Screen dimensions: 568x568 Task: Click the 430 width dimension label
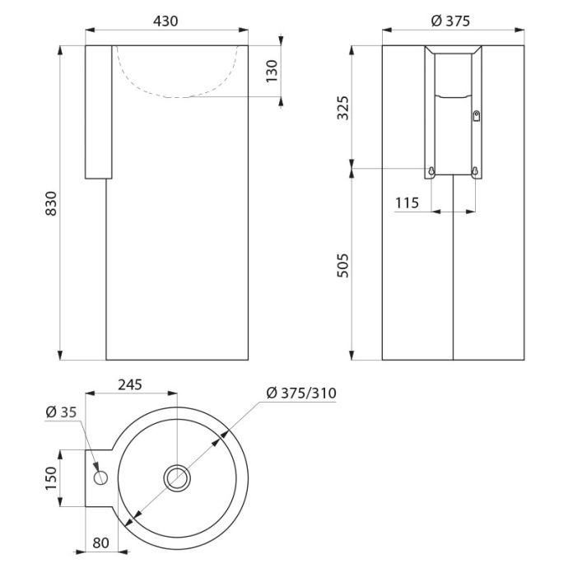(x=165, y=21)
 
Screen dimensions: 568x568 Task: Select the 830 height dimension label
(x=51, y=203)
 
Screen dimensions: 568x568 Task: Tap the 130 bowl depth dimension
(x=272, y=72)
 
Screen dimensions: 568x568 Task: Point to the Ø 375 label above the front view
(x=450, y=21)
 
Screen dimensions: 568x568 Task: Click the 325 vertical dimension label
(x=342, y=108)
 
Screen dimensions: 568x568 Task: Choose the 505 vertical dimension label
(x=342, y=266)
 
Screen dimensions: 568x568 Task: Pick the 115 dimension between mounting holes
(x=407, y=203)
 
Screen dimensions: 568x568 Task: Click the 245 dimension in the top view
(x=130, y=384)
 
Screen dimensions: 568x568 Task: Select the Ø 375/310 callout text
(x=301, y=393)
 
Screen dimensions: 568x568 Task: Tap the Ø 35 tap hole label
(x=61, y=412)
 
